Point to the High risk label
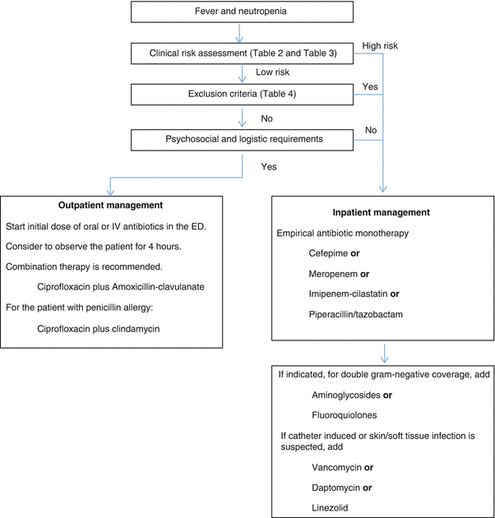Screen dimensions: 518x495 coord(380,47)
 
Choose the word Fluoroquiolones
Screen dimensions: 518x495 coord(342,416)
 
